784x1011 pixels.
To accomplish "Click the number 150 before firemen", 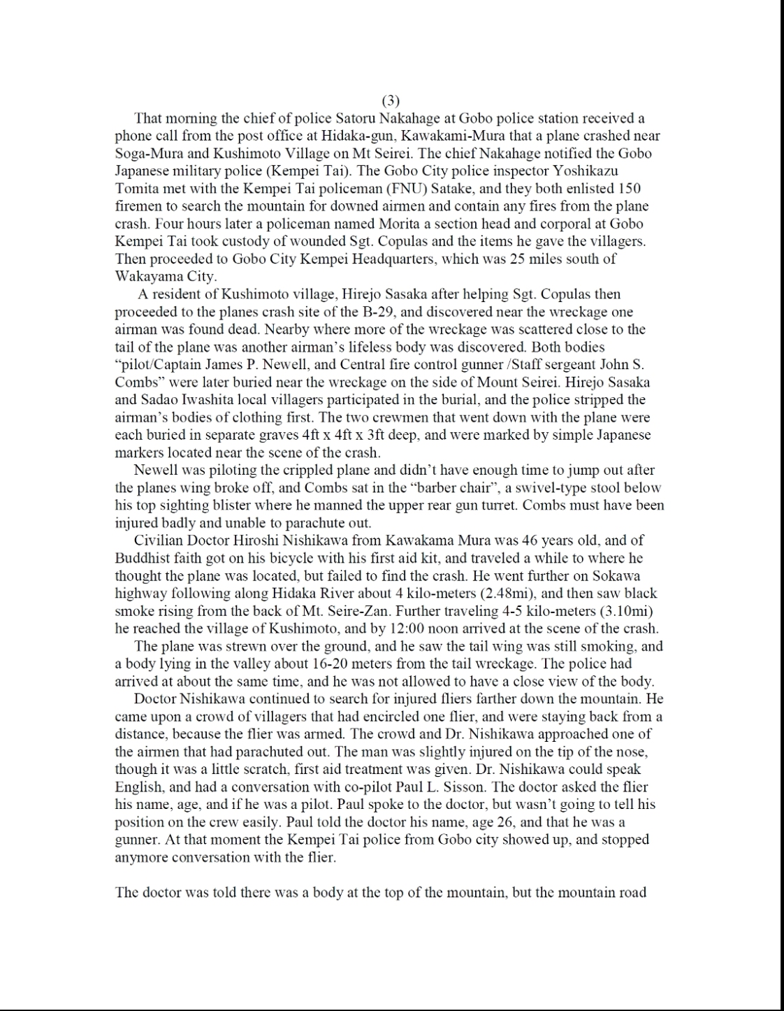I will (x=630, y=189).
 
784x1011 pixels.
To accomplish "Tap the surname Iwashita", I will (x=205, y=400).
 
